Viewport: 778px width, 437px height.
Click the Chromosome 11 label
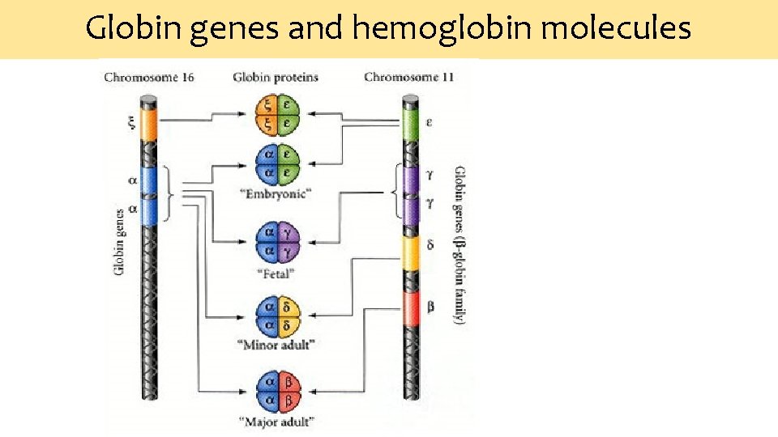pos(408,78)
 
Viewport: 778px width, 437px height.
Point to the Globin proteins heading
pos(276,78)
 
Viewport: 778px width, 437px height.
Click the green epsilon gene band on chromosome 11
pos(411,123)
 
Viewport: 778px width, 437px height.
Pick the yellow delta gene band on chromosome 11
pos(412,252)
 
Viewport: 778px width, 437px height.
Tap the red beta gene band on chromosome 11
pos(412,308)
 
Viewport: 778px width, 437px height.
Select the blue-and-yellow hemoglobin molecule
pos(277,316)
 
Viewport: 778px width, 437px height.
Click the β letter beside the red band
pos(430,307)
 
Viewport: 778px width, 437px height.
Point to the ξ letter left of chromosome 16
pos(130,124)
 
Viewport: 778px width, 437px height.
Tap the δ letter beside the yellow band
pos(430,244)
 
